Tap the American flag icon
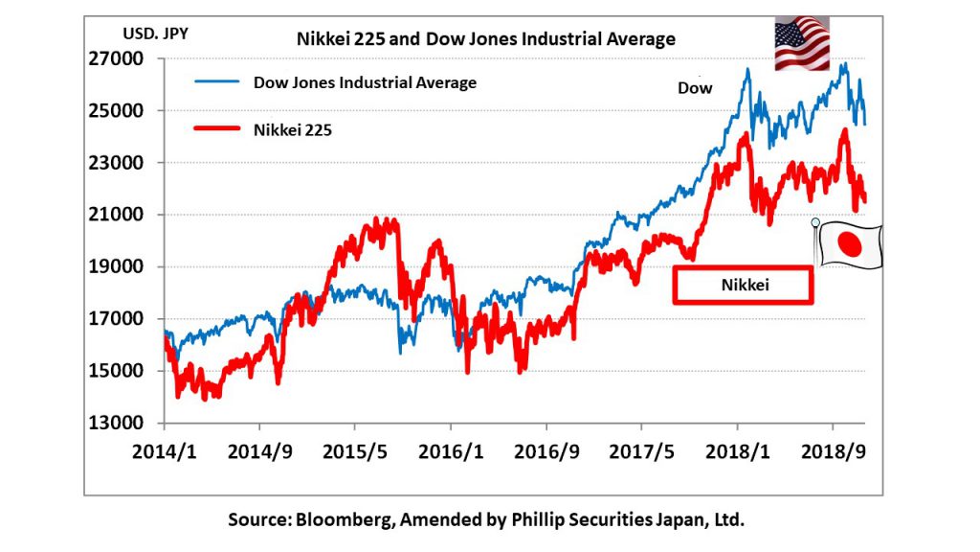pos(801,44)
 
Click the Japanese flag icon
pos(849,246)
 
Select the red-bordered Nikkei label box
pos(742,285)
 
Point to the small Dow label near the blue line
pos(695,88)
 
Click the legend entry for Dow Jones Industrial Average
pos(364,82)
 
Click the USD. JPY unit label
pos(155,34)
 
